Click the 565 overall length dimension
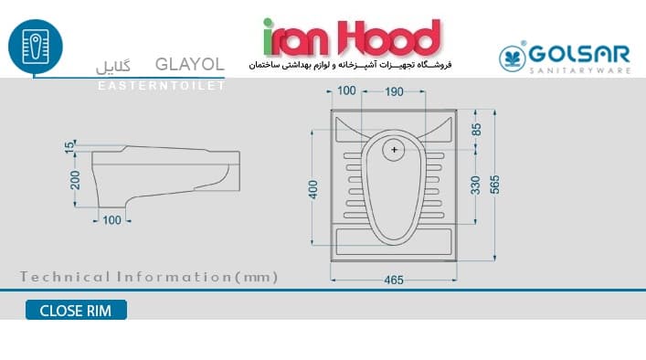point(495,185)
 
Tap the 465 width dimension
point(394,281)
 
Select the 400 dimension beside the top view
point(313,189)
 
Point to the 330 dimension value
point(476,185)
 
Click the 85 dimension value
point(476,130)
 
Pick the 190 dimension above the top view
point(394,92)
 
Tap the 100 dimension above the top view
point(346,90)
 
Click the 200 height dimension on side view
point(75,180)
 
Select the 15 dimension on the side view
point(69,146)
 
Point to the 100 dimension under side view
point(111,220)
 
